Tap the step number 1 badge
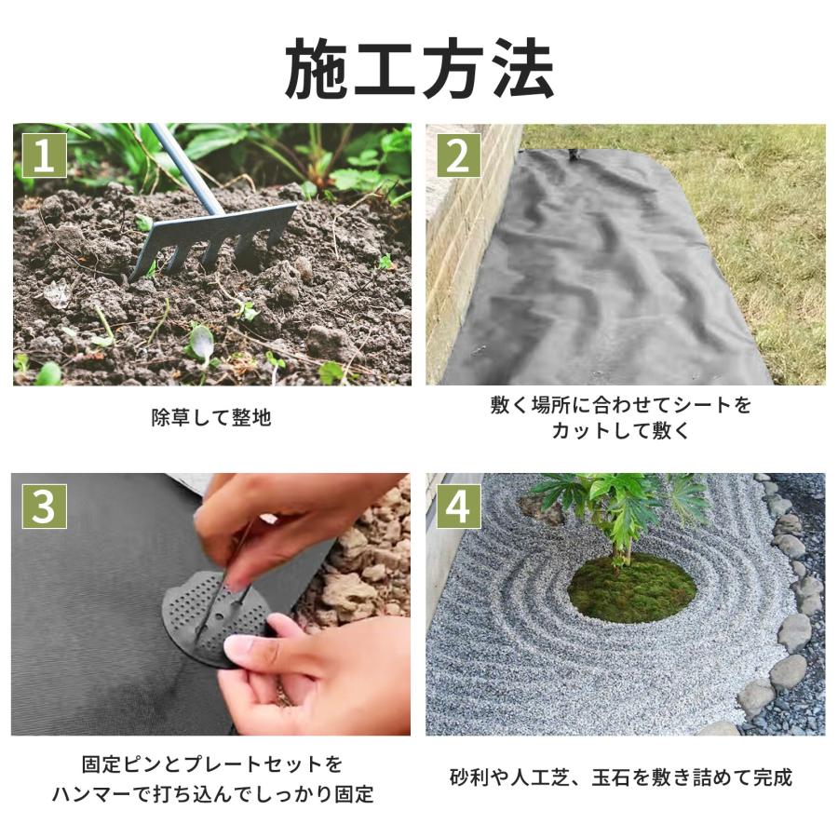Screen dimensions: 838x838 (44, 155)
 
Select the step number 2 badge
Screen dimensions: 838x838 (457, 155)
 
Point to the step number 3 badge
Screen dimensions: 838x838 (44, 507)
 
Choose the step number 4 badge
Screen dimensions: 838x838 (457, 507)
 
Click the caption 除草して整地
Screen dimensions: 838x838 (211, 417)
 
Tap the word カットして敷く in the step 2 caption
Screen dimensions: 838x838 (620, 431)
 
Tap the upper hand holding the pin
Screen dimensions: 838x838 (279, 512)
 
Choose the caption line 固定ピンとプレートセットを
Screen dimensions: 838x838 (211, 764)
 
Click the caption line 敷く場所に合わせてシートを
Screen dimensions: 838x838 (620, 405)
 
